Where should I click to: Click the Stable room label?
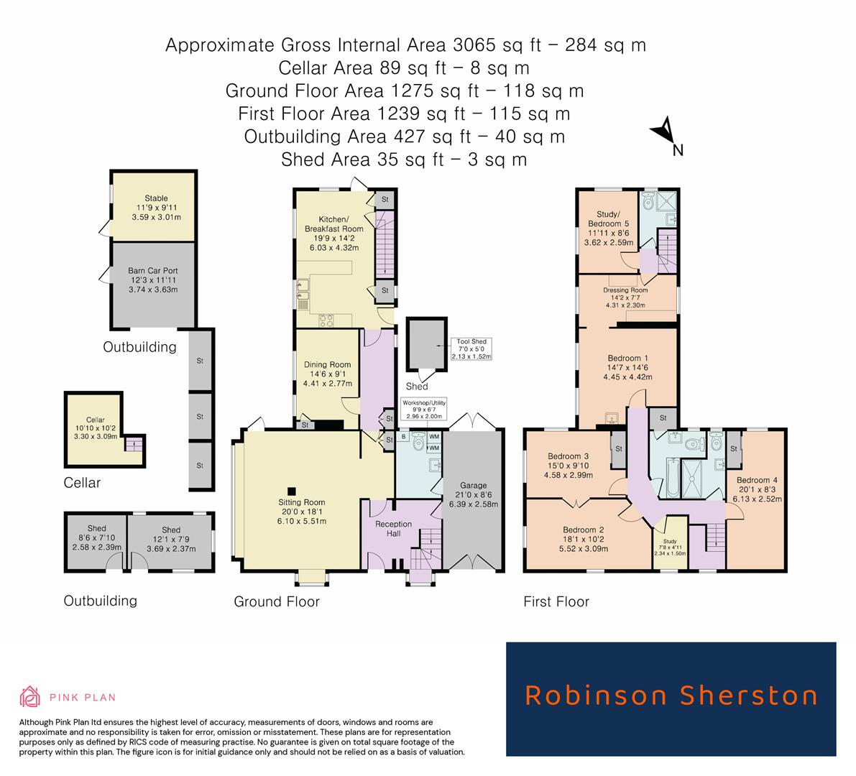point(155,198)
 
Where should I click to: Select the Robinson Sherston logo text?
point(671,696)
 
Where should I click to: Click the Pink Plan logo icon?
point(29,696)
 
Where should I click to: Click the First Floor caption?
point(556,601)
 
